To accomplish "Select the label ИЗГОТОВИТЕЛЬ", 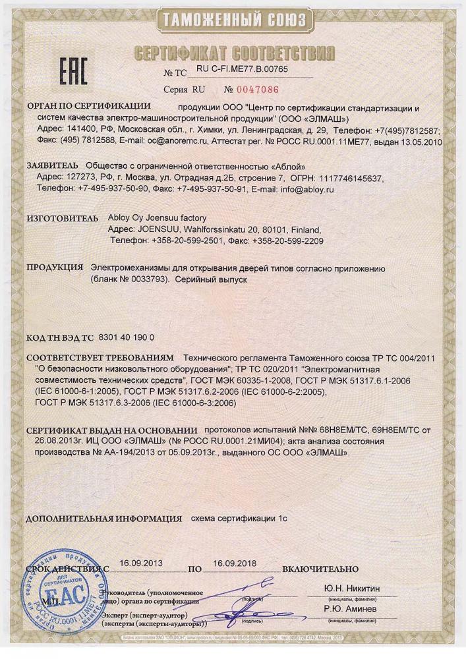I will [x=61, y=218].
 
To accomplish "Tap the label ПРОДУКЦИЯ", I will [x=55, y=268].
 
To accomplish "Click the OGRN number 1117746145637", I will [x=350, y=177].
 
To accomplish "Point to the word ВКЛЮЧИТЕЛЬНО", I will [x=320, y=567].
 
